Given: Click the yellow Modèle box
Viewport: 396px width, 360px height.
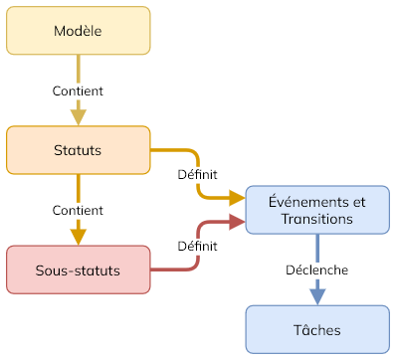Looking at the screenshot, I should coord(78,31).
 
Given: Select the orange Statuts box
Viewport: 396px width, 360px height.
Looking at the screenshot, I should coord(78,150).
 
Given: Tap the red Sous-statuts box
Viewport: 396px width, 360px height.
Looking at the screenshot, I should coord(78,270).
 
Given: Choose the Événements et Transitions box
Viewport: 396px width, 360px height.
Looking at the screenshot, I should coord(316,210).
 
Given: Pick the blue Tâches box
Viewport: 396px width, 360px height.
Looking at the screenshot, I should coord(316,329).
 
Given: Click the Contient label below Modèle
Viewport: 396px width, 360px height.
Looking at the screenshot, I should coord(78,90).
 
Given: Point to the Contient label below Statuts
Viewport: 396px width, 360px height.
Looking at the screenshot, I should coord(78,210).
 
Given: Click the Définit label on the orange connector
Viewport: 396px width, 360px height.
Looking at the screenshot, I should coord(197,175).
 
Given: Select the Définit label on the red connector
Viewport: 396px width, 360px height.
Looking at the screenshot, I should coord(197,245).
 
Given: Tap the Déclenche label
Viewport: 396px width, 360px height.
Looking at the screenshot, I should coord(316,270).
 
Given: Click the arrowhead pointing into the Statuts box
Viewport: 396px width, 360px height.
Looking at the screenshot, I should coord(78,117).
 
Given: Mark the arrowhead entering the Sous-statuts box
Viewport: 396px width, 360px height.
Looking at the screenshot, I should coord(78,237).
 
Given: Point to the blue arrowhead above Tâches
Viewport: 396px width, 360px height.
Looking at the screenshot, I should coord(316,296).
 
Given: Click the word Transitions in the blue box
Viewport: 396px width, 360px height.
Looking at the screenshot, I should coord(316,219).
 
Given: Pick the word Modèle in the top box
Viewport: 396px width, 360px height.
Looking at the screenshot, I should coord(78,31).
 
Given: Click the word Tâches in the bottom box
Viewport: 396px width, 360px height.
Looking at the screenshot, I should coord(316,329).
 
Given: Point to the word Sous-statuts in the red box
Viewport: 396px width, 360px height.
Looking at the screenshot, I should coord(78,270).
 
